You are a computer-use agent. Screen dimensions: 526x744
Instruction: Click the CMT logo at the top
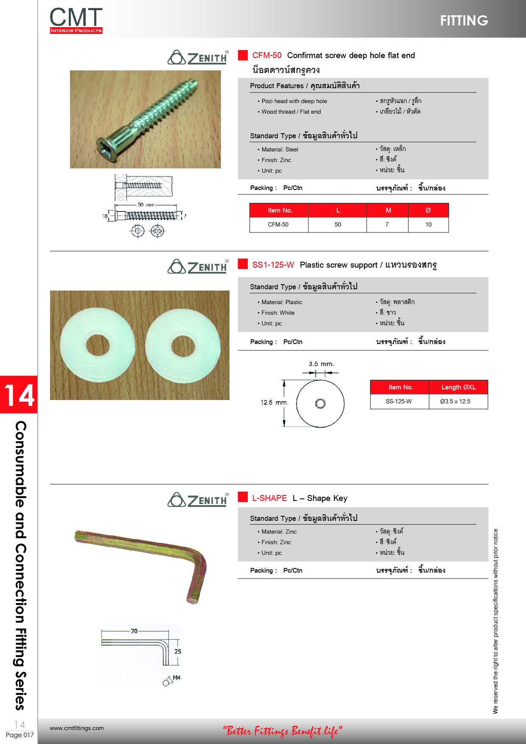(x=76, y=20)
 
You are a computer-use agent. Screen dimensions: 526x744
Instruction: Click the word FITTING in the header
(x=464, y=20)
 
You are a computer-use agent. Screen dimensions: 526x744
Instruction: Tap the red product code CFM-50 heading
(x=267, y=55)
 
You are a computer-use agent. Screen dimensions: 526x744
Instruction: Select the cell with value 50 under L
(x=338, y=224)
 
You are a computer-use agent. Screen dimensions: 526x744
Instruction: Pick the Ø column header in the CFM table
(x=428, y=210)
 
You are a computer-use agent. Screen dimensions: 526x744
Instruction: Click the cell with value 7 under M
(x=387, y=224)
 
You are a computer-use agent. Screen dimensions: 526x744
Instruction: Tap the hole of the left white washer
(x=98, y=345)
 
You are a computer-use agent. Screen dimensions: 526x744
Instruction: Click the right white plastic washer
(x=183, y=346)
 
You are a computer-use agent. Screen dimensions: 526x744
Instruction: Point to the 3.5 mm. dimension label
(x=321, y=364)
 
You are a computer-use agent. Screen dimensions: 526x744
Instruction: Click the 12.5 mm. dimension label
(x=274, y=402)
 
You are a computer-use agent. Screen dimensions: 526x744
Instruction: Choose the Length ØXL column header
(x=458, y=387)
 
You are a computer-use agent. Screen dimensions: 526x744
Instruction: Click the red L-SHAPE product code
(x=269, y=498)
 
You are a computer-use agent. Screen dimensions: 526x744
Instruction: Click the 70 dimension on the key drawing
(x=134, y=631)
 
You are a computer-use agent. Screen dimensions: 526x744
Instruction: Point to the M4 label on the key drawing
(x=176, y=678)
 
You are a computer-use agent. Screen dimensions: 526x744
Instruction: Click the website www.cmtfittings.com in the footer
(x=77, y=728)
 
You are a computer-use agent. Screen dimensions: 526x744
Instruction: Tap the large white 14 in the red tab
(x=19, y=395)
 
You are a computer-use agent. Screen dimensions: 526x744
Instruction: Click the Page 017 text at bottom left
(x=20, y=735)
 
